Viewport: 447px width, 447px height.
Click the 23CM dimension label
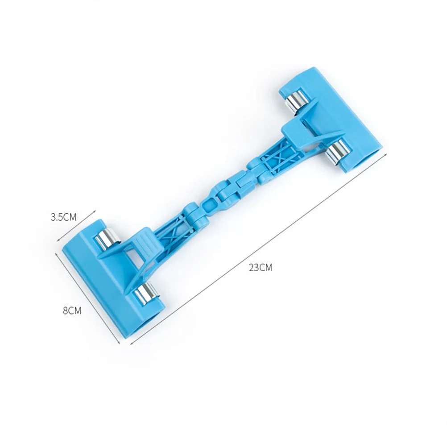pyautogui.click(x=261, y=268)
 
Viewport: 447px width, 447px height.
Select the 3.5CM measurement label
pyautogui.click(x=63, y=217)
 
